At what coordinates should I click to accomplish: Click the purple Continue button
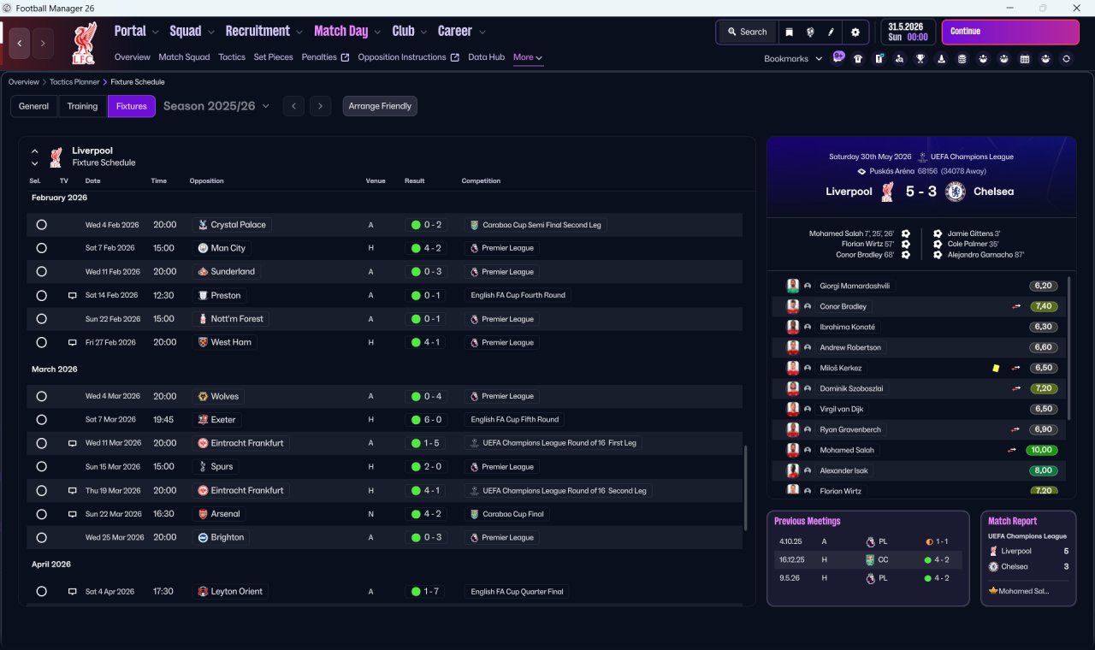click(1010, 32)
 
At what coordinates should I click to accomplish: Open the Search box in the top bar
click(747, 32)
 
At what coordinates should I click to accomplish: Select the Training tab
click(82, 106)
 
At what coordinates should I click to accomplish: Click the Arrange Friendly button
click(380, 106)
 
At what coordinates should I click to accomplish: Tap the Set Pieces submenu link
click(273, 57)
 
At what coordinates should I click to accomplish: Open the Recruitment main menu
click(257, 32)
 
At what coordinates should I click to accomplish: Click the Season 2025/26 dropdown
click(216, 106)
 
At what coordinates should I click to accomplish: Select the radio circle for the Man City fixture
click(42, 248)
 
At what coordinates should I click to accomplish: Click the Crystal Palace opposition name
click(238, 225)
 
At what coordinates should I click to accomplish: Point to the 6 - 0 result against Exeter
click(432, 420)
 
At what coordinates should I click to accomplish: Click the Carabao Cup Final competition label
click(512, 514)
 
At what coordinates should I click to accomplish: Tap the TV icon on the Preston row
click(73, 296)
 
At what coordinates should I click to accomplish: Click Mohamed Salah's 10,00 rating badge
click(1041, 450)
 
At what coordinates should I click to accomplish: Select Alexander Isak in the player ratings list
click(843, 470)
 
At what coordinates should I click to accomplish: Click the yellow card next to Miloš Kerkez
click(996, 369)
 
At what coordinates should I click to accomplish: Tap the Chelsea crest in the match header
click(955, 192)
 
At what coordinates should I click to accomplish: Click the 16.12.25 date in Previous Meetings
click(791, 559)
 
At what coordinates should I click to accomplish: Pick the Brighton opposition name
click(227, 538)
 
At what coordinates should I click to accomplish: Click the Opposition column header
click(206, 180)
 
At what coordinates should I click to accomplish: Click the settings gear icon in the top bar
click(855, 32)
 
